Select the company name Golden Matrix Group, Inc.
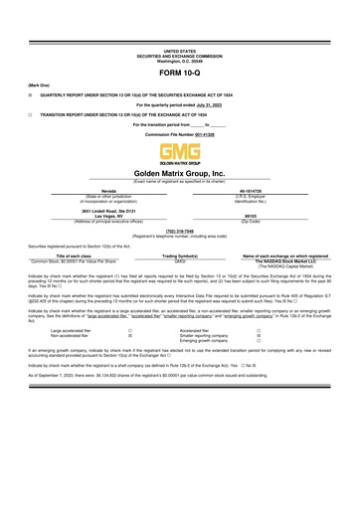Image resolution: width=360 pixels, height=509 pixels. [x=180, y=172]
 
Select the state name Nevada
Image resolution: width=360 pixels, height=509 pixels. [x=108, y=188]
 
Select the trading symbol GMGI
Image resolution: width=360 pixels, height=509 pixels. [x=180, y=260]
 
